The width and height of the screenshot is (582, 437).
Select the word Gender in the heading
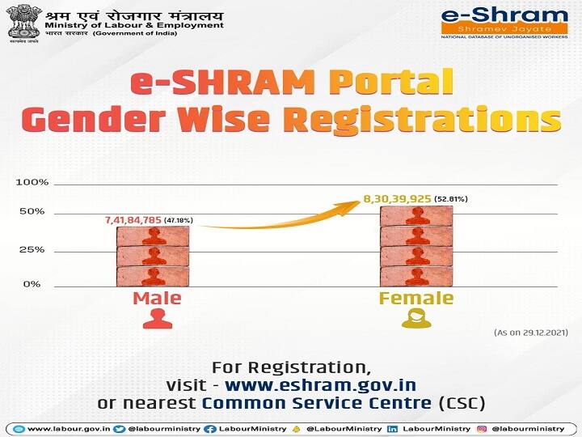coord(87,119)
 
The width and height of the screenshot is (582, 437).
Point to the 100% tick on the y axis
coord(32,182)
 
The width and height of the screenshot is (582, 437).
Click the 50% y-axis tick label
coord(32,212)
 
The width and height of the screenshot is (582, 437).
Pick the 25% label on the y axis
coord(32,250)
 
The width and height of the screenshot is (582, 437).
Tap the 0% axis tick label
coord(32,284)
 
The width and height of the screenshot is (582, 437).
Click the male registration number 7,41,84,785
coord(133,220)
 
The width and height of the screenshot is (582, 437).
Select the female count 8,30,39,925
coord(397,198)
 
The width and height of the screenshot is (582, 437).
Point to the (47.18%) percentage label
coord(179,220)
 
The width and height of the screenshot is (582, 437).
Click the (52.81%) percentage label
coord(451,198)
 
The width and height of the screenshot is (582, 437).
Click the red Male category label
coord(157,298)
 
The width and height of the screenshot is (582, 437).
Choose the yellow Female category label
coord(416,298)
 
